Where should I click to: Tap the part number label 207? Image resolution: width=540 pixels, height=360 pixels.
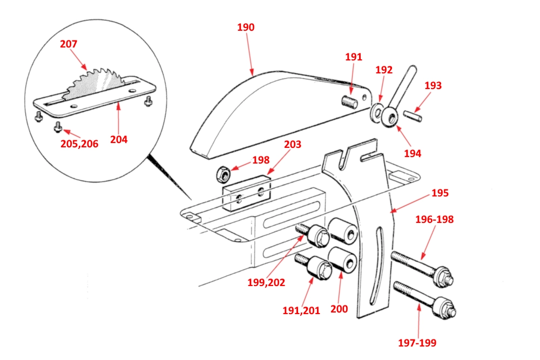(x=69, y=44)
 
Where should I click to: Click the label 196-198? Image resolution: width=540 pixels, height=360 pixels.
(x=434, y=220)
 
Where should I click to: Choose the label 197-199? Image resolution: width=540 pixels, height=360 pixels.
(x=417, y=343)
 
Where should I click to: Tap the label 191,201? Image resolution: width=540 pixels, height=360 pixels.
(x=301, y=310)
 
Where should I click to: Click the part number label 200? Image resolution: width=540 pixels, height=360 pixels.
(x=339, y=309)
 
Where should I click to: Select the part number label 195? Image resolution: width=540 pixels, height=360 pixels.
(x=440, y=193)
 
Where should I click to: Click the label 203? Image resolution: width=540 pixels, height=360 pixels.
(x=292, y=145)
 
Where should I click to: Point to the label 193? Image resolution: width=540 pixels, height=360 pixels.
(x=433, y=85)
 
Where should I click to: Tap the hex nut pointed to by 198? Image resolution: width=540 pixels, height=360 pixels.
(x=223, y=174)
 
